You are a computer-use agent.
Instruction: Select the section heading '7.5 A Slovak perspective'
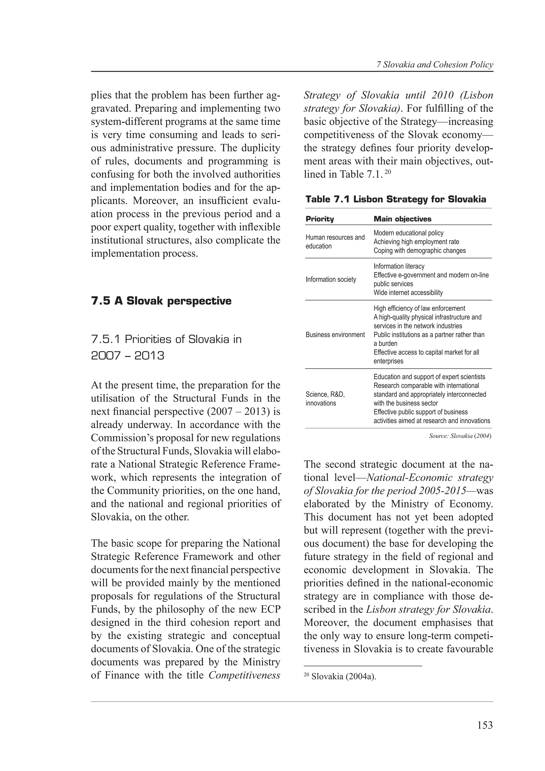161,301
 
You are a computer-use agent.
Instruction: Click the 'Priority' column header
320,219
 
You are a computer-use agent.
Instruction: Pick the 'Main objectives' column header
402,219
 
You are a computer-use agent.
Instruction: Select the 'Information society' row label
331,279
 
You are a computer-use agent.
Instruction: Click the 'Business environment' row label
335,334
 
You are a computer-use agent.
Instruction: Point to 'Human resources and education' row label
335,242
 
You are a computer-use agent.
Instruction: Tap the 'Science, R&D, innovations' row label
325,399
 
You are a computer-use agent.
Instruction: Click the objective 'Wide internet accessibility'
408,292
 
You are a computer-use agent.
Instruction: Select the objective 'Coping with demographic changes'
419,251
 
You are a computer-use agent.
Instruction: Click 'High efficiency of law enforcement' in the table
419,308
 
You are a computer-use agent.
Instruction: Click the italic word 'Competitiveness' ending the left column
244,675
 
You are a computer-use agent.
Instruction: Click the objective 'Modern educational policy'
408,233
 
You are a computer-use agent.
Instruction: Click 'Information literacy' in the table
399,266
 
